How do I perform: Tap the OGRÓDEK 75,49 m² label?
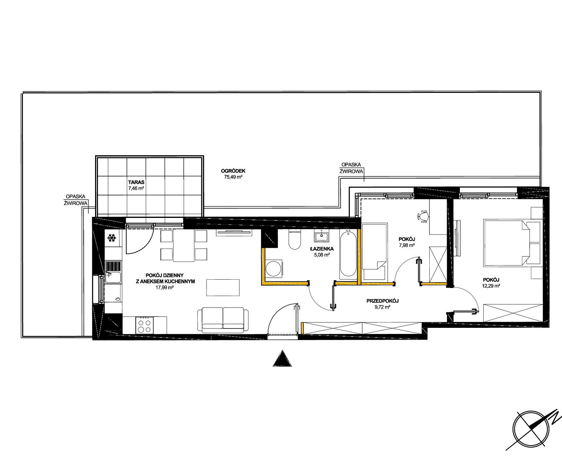click(233, 174)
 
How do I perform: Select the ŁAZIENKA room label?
click(322, 249)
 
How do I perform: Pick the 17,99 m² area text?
click(165, 288)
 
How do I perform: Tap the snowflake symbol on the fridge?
click(111, 238)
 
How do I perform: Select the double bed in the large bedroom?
click(513, 243)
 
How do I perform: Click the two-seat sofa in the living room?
click(223, 320)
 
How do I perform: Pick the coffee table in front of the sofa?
click(223, 287)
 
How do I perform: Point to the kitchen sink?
click(113, 277)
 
